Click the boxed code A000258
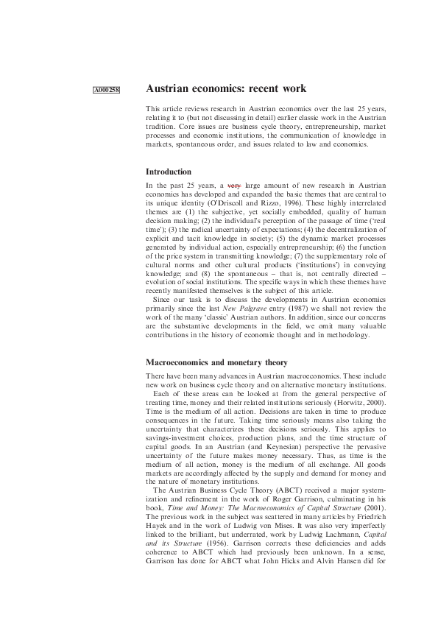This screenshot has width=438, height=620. [107, 91]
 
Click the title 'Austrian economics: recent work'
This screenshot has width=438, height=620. [225, 89]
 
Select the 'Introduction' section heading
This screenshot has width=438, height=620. [169, 172]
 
